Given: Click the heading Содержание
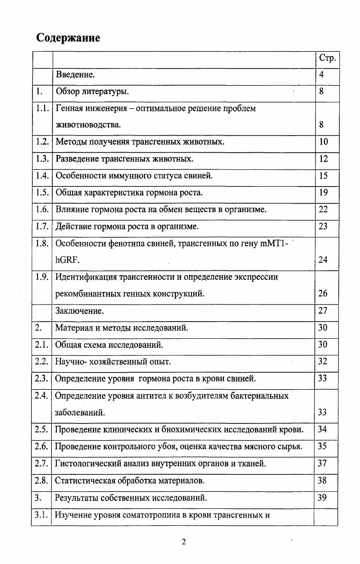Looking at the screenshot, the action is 68,38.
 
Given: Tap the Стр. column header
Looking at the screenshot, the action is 327,58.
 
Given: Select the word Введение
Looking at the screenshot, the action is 75,75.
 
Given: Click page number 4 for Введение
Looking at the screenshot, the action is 322,75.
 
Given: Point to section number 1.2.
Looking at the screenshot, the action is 42,142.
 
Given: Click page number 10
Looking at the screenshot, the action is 324,142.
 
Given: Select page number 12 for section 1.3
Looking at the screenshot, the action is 324,159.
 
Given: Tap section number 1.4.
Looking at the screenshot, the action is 42,176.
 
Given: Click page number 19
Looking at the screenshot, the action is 324,193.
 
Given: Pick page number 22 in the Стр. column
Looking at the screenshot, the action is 324,209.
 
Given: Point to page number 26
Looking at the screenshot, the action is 323,294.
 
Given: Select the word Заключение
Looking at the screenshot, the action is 79,311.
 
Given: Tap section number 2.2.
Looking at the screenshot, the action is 42,362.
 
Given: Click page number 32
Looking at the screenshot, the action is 323,362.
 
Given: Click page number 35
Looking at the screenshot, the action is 323,446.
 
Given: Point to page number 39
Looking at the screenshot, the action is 323,497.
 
